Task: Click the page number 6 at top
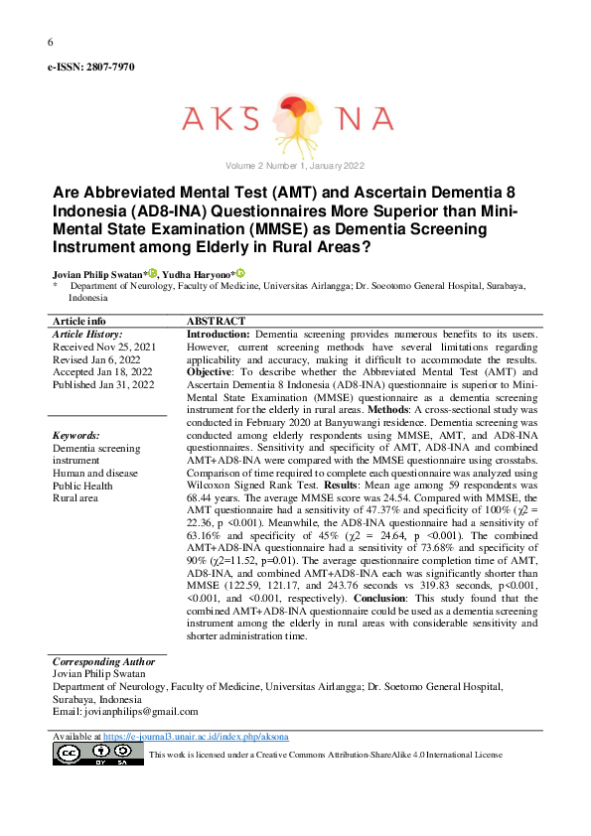[50, 42]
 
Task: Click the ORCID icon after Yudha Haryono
[239, 272]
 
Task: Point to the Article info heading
[78, 322]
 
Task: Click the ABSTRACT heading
[216, 322]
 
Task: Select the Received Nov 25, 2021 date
[104, 347]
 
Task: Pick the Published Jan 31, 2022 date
[103, 384]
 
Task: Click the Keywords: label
[75, 436]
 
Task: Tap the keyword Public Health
[84, 487]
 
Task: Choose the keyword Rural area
[74, 498]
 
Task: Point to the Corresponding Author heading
[103, 661]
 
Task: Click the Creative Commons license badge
[95, 754]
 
